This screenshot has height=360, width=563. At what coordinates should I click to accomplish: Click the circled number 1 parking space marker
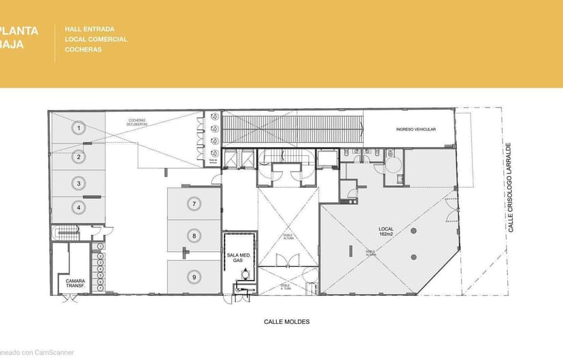click(x=79, y=127)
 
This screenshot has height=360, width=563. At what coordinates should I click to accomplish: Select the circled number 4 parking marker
click(x=79, y=207)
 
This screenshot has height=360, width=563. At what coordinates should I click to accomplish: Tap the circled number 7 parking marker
click(x=194, y=203)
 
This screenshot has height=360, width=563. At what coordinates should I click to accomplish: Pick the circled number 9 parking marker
click(x=194, y=277)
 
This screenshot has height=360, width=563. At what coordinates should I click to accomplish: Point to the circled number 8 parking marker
click(x=194, y=236)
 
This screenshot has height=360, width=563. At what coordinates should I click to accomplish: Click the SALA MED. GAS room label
click(x=239, y=257)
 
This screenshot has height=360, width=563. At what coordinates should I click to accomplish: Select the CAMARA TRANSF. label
click(x=75, y=282)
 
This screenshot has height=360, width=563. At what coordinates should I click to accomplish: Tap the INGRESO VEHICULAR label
click(x=415, y=129)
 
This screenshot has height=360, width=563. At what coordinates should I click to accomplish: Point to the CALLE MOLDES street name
click(x=287, y=321)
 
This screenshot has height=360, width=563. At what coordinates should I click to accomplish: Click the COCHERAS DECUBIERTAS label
click(x=137, y=122)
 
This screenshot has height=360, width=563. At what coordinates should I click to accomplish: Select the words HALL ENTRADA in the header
click(x=89, y=29)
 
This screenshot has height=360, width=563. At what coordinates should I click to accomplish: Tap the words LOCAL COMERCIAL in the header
click(x=96, y=39)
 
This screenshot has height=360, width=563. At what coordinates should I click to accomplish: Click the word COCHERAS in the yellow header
click(x=83, y=50)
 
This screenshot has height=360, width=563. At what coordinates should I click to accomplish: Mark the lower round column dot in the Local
click(x=413, y=257)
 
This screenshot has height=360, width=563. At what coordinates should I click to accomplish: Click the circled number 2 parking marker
click(x=79, y=157)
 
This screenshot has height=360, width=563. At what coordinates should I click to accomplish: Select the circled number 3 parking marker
click(x=79, y=183)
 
